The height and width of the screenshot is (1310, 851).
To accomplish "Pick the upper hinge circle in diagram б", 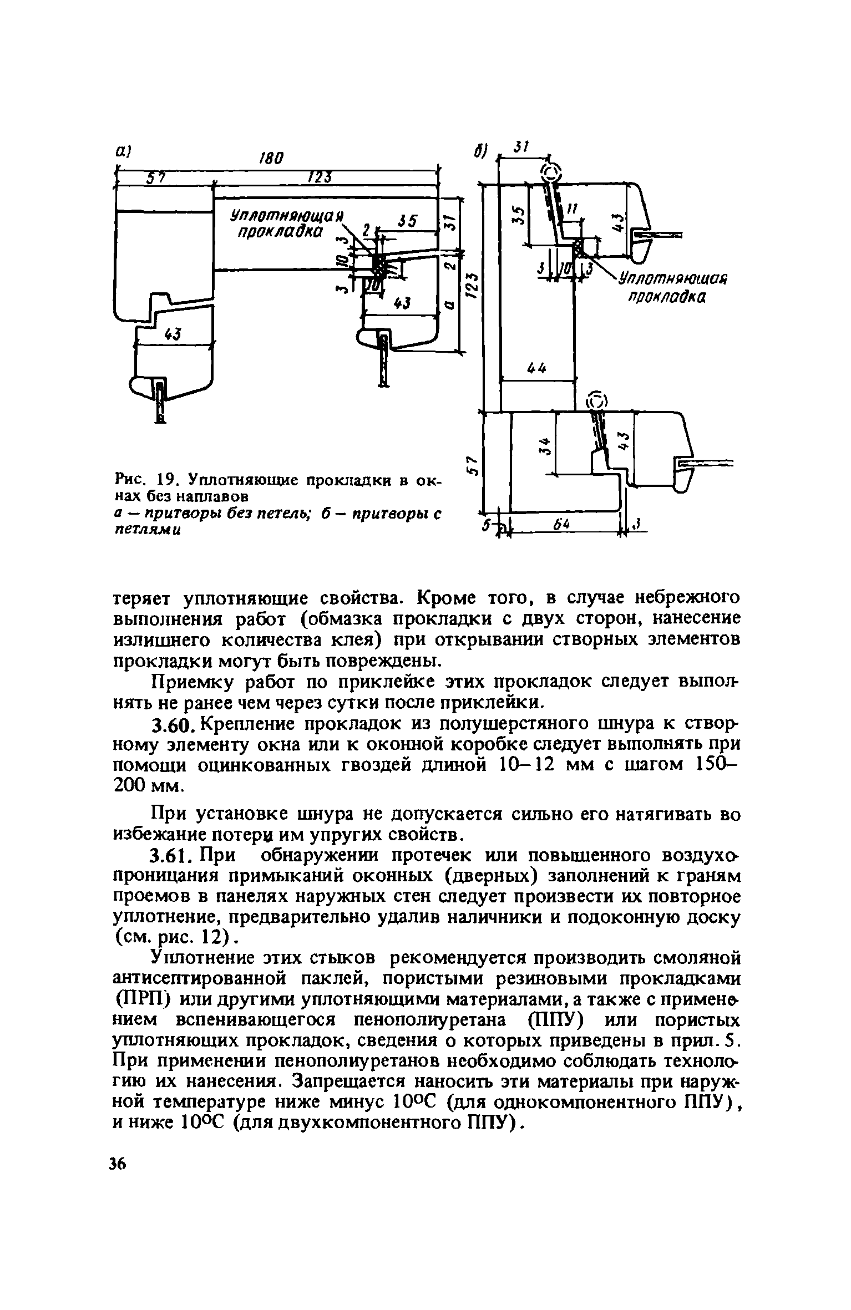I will tap(551, 172).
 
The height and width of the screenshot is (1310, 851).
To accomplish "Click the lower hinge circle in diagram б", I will tap(597, 400).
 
